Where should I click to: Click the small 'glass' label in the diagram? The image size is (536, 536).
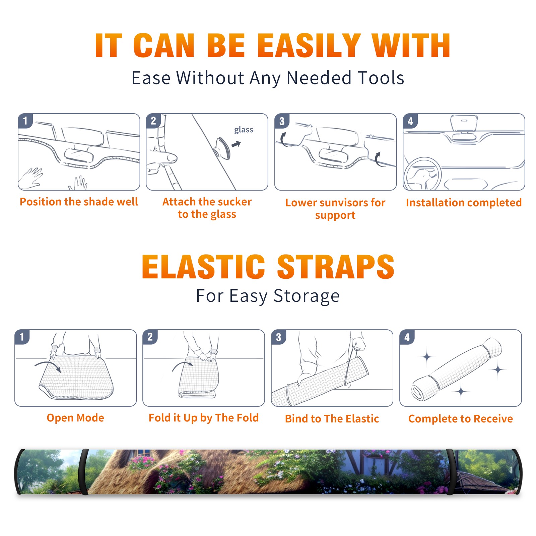point(244,130)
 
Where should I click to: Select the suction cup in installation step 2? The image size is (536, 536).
point(222,147)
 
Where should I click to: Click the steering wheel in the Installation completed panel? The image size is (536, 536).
point(423,174)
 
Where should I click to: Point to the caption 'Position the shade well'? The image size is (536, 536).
point(79,202)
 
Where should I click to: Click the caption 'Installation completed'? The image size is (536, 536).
point(464,203)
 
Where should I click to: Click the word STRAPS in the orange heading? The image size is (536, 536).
point(336,267)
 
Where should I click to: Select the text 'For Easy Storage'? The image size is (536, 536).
point(268,296)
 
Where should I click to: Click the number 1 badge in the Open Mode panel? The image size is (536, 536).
point(22,337)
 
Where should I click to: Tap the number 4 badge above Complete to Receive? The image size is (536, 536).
point(407,337)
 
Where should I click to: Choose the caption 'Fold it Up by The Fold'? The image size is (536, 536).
point(204,418)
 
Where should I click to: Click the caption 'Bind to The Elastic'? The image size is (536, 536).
point(332,418)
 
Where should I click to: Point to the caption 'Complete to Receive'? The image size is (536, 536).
point(461,419)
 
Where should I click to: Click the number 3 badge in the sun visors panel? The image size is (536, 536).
point(282,121)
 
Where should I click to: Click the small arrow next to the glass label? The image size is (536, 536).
point(237,144)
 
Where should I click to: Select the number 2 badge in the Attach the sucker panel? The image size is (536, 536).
point(153,121)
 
